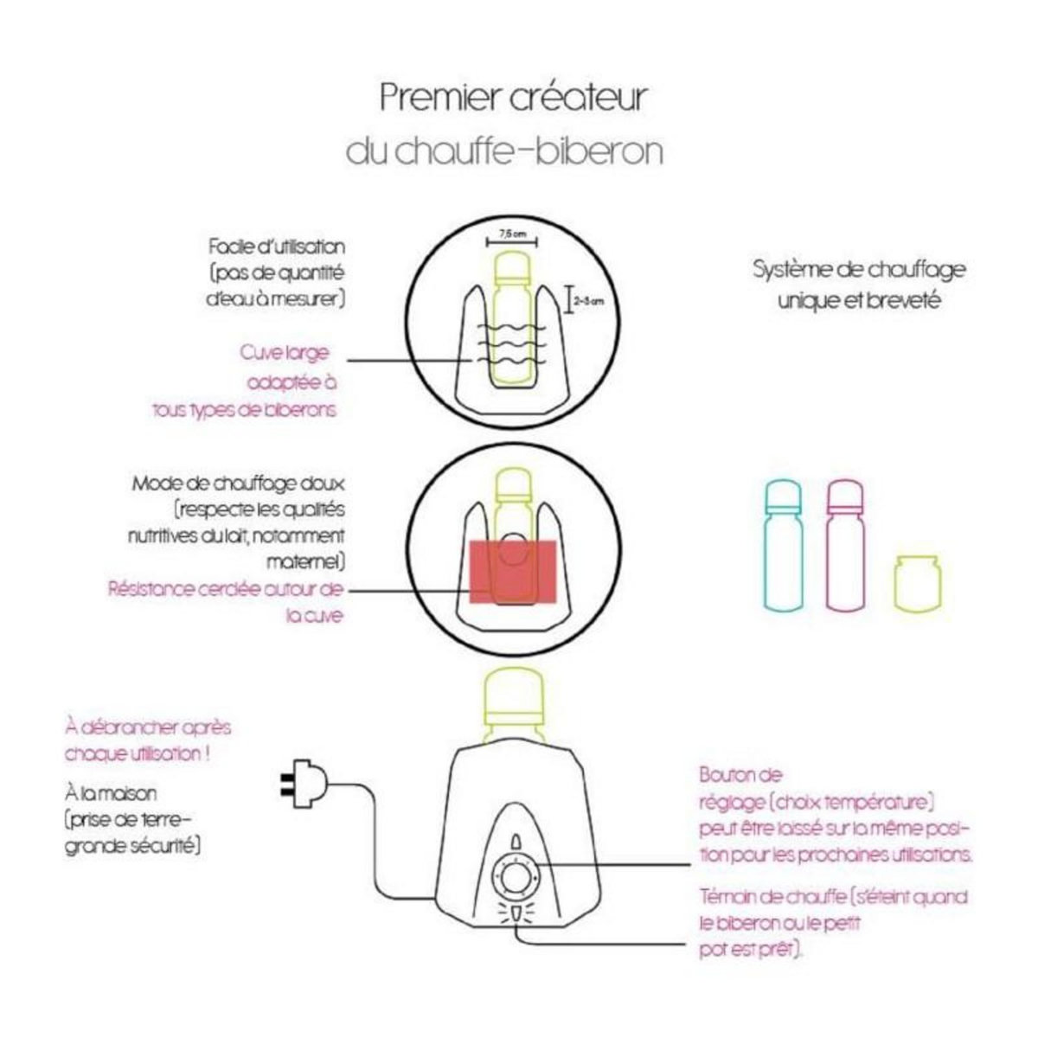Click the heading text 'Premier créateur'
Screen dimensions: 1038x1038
[x=513, y=97]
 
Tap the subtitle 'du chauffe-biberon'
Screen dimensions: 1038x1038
[x=504, y=151]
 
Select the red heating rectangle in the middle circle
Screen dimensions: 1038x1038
[x=511, y=571]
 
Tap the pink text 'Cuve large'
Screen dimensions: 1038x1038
[x=285, y=354]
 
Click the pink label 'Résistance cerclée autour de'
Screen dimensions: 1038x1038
[x=226, y=589]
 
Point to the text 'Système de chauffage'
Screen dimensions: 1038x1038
[x=858, y=270]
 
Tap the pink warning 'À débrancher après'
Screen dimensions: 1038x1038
[x=148, y=727]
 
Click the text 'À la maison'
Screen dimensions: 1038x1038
[x=111, y=792]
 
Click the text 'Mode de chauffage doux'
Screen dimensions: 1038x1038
[x=238, y=484]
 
